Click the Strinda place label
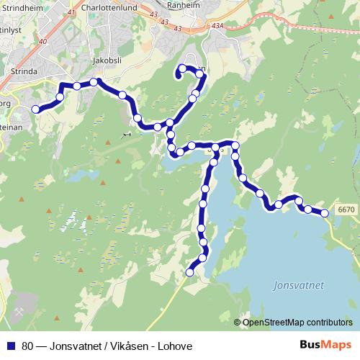tap(14, 73)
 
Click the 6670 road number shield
tap(346, 210)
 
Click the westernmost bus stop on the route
tap(35, 109)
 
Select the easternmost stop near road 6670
tap(325, 212)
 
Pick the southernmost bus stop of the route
tap(190, 271)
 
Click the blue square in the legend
tap(11, 346)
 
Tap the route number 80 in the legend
tap(27, 346)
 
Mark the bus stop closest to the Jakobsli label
tap(94, 82)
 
